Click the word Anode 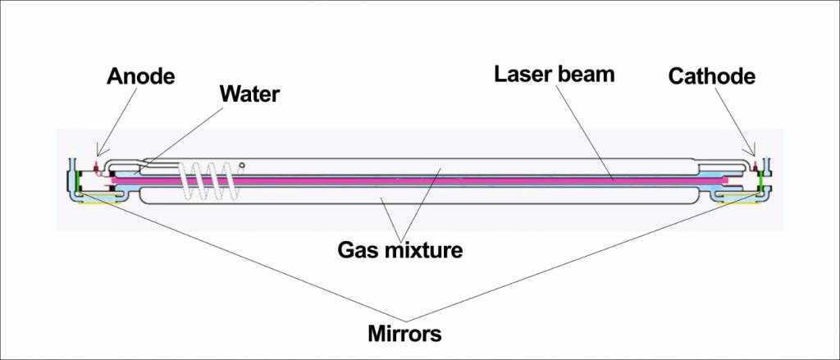click(141, 76)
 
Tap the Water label click(249, 93)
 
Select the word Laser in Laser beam click(523, 74)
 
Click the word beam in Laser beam click(586, 74)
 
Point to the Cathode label click(711, 76)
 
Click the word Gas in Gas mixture click(358, 249)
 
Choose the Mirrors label click(404, 333)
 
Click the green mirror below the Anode click(79, 182)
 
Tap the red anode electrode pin click(97, 168)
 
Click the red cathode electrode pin click(756, 166)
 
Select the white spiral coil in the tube click(208, 181)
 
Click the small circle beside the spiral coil click(242, 166)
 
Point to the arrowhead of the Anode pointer click(98, 153)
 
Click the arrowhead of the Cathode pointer click(755, 153)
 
